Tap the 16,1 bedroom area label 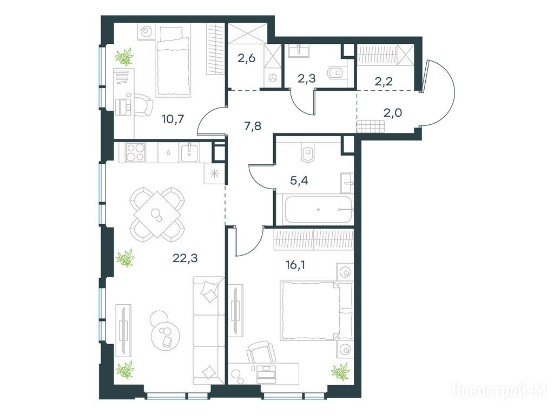pos(295,265)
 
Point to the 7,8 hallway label pos(253,125)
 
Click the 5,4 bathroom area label pos(299,180)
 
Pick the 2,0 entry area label pos(393,113)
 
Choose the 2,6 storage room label pos(246,58)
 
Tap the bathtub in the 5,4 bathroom pos(318,210)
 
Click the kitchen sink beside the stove pos(190,152)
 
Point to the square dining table pos(157,214)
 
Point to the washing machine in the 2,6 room pos(273,77)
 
